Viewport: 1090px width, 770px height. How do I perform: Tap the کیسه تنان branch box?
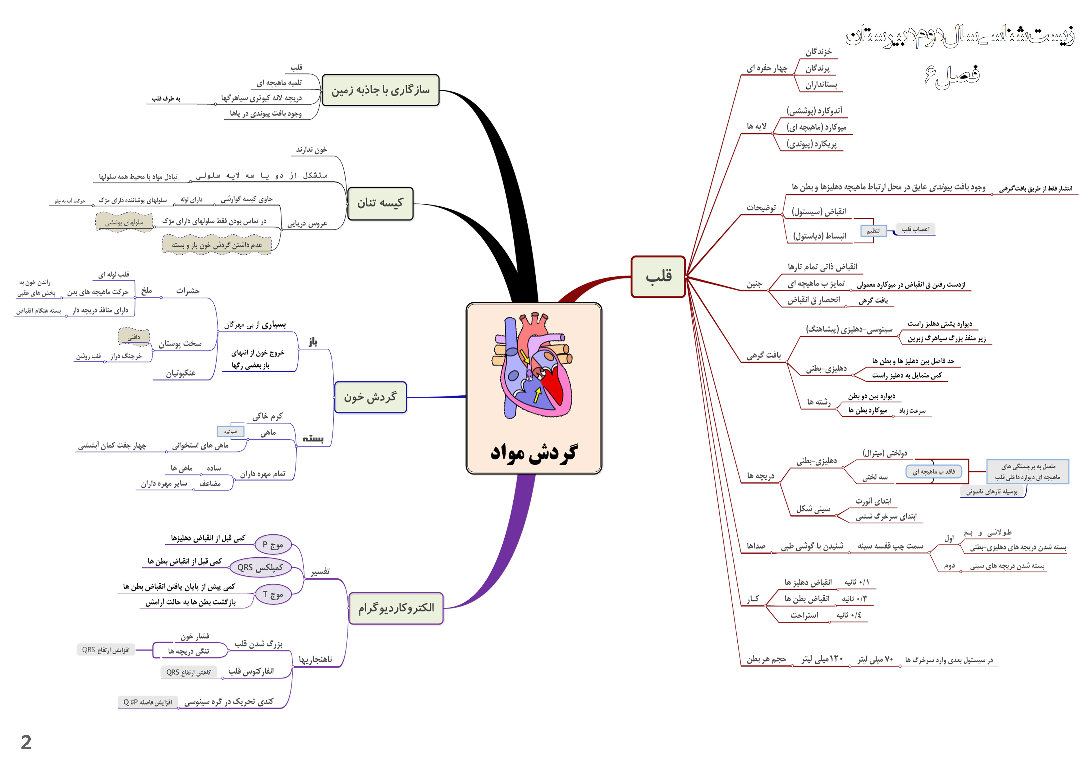pos(380,204)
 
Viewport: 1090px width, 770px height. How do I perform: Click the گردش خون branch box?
pos(370,397)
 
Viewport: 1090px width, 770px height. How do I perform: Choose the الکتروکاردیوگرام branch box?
pos(396,608)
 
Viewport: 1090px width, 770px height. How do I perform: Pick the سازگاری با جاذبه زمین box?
pos(380,90)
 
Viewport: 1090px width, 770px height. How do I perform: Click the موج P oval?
pos(273,545)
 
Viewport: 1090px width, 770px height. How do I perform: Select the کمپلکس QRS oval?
pos(260,568)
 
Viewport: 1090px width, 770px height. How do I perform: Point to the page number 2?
pos(26,742)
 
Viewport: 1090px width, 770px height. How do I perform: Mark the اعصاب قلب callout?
pos(915,229)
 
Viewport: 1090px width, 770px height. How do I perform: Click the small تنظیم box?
pos(873,231)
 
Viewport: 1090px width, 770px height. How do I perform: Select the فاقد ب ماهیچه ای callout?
pos(933,472)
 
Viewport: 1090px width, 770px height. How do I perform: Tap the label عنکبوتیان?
pos(181,374)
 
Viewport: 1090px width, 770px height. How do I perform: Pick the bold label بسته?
pos(313,438)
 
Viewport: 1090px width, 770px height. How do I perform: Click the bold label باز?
pos(313,342)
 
